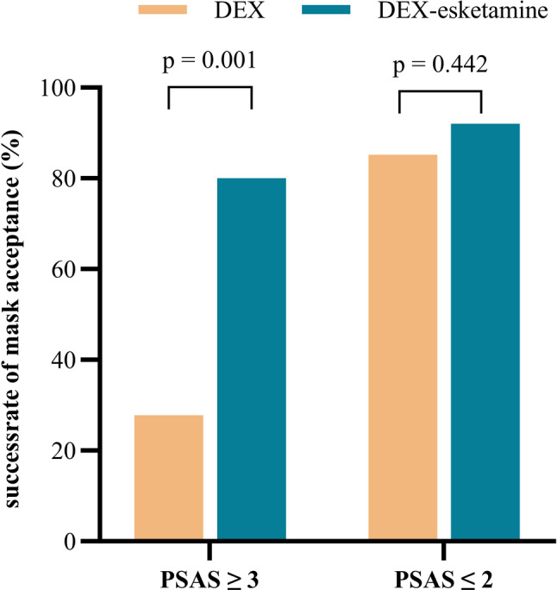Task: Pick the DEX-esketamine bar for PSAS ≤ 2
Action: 485,332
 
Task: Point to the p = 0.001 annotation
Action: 210,62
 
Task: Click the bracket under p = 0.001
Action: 210,88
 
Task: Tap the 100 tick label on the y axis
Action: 66,88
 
